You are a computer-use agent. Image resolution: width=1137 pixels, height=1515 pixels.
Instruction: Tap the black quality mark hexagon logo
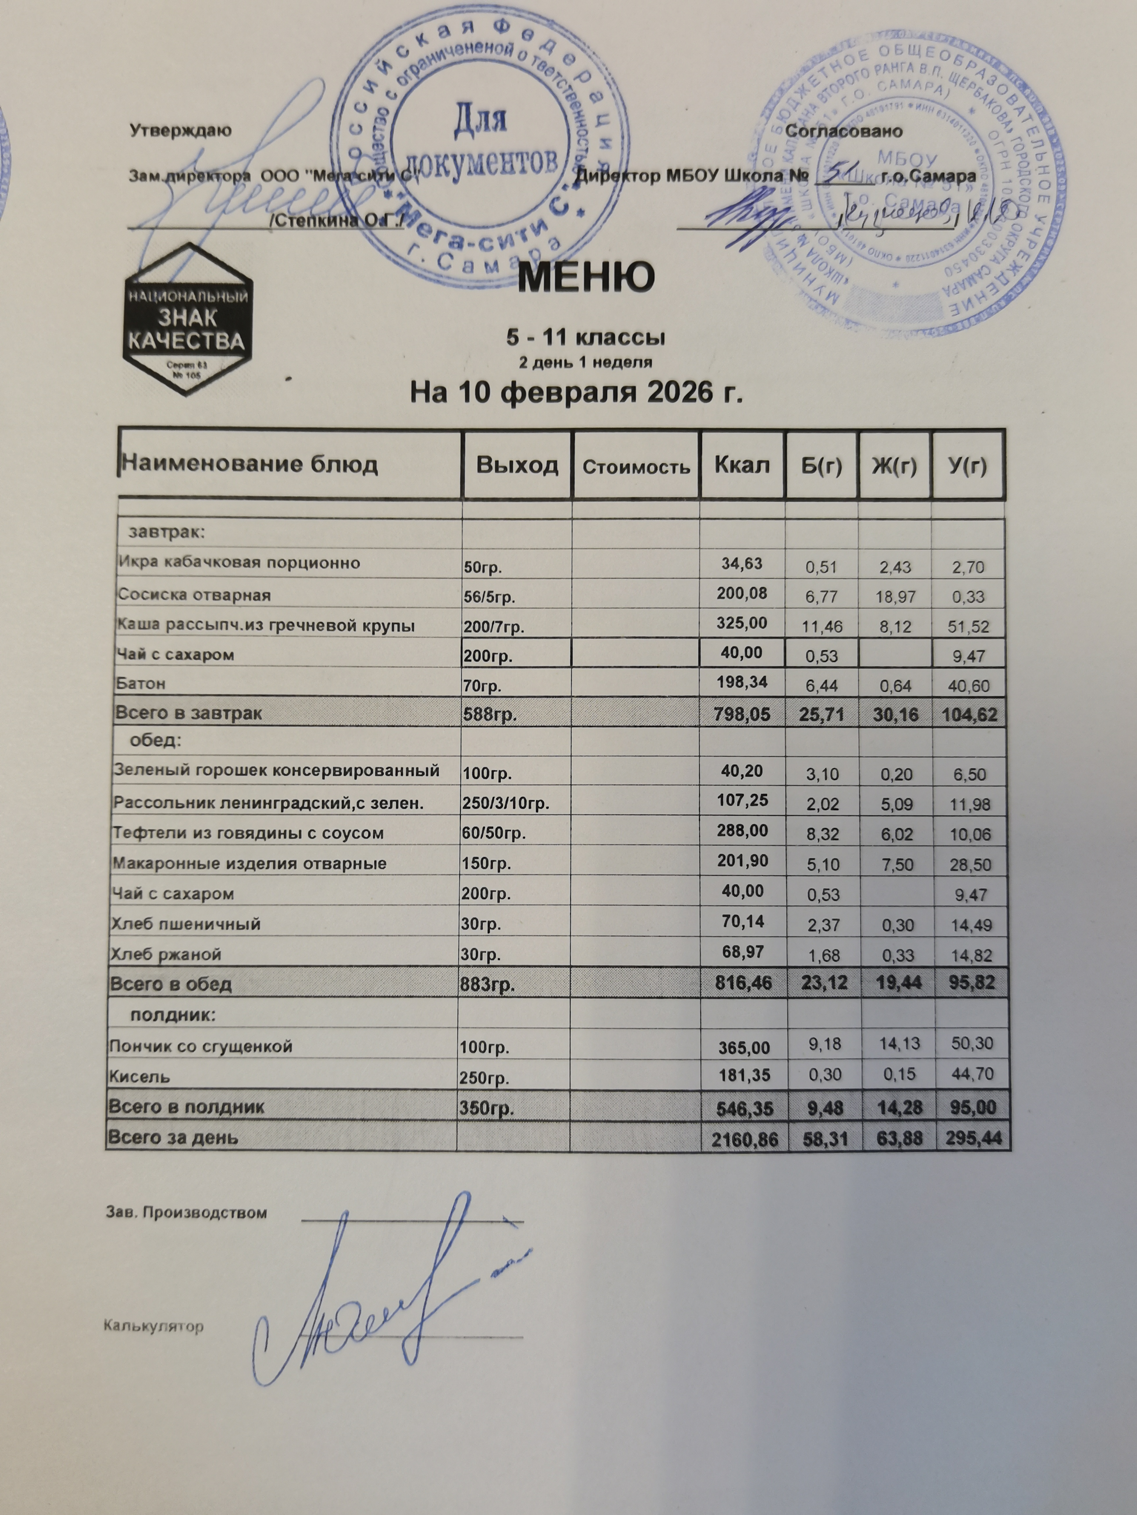(x=187, y=319)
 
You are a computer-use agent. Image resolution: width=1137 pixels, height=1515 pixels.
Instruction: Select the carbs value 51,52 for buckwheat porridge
(x=966, y=626)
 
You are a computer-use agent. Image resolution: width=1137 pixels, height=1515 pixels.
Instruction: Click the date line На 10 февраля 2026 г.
(x=576, y=393)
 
